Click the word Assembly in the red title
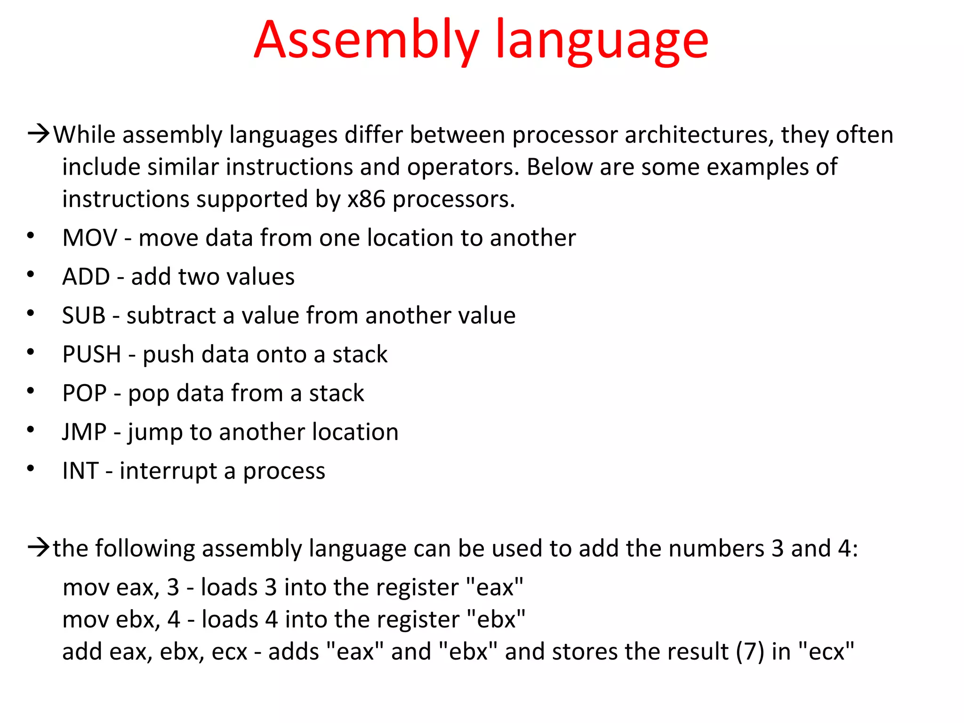click(x=366, y=41)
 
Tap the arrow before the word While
click(x=39, y=134)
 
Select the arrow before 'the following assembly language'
click(x=39, y=547)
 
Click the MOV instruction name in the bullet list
click(x=89, y=238)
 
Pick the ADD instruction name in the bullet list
click(x=86, y=277)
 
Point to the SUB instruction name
click(x=84, y=315)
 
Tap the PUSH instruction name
click(x=92, y=354)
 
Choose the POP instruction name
click(x=85, y=393)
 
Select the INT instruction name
click(x=80, y=471)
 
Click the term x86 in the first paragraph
click(x=366, y=200)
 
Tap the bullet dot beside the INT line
click(x=31, y=468)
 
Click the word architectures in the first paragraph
click(x=699, y=135)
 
